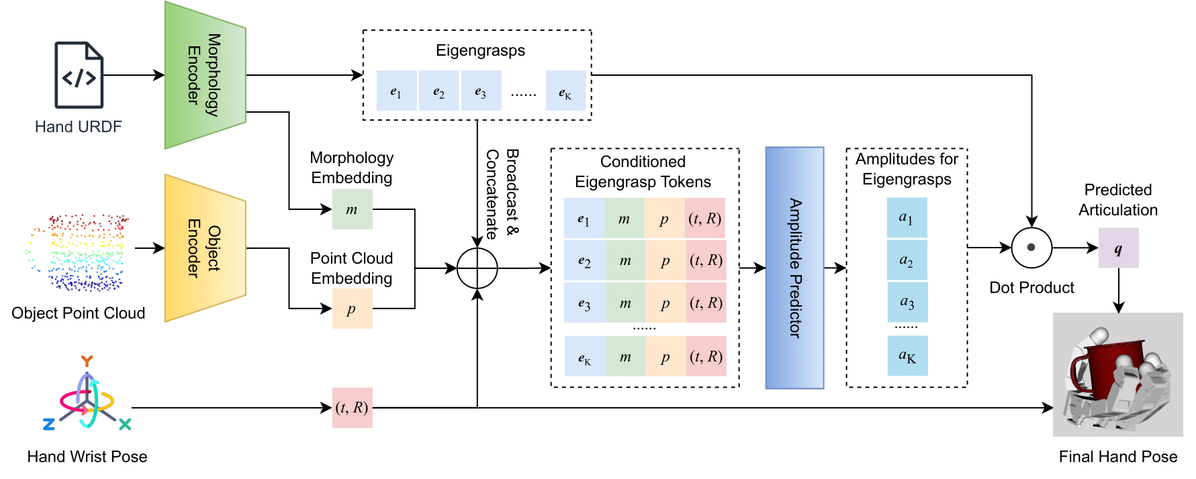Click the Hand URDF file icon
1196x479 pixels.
pyautogui.click(x=79, y=75)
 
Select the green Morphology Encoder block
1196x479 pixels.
pyautogui.click(x=205, y=75)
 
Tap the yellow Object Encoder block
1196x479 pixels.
pyautogui.click(x=205, y=248)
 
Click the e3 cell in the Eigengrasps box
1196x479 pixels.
pyautogui.click(x=481, y=91)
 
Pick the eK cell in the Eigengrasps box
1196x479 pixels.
pyautogui.click(x=565, y=91)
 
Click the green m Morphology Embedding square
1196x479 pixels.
pyautogui.click(x=352, y=209)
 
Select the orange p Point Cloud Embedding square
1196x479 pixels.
pyautogui.click(x=352, y=309)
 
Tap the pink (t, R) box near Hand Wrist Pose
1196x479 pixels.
pyautogui.click(x=352, y=407)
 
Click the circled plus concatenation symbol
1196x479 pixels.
pyautogui.click(x=477, y=268)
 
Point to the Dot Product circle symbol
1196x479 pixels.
pyautogui.click(x=1031, y=248)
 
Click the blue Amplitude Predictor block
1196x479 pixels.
pyautogui.click(x=794, y=268)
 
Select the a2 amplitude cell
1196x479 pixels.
pyautogui.click(x=907, y=260)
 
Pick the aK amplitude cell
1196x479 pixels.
pyautogui.click(x=907, y=356)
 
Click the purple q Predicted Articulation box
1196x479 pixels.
pyautogui.click(x=1118, y=248)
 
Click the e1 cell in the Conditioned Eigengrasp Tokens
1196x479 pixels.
pyautogui.click(x=584, y=218)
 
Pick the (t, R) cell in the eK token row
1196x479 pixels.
pyautogui.click(x=706, y=356)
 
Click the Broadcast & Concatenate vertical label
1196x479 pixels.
pyautogui.click(x=502, y=194)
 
